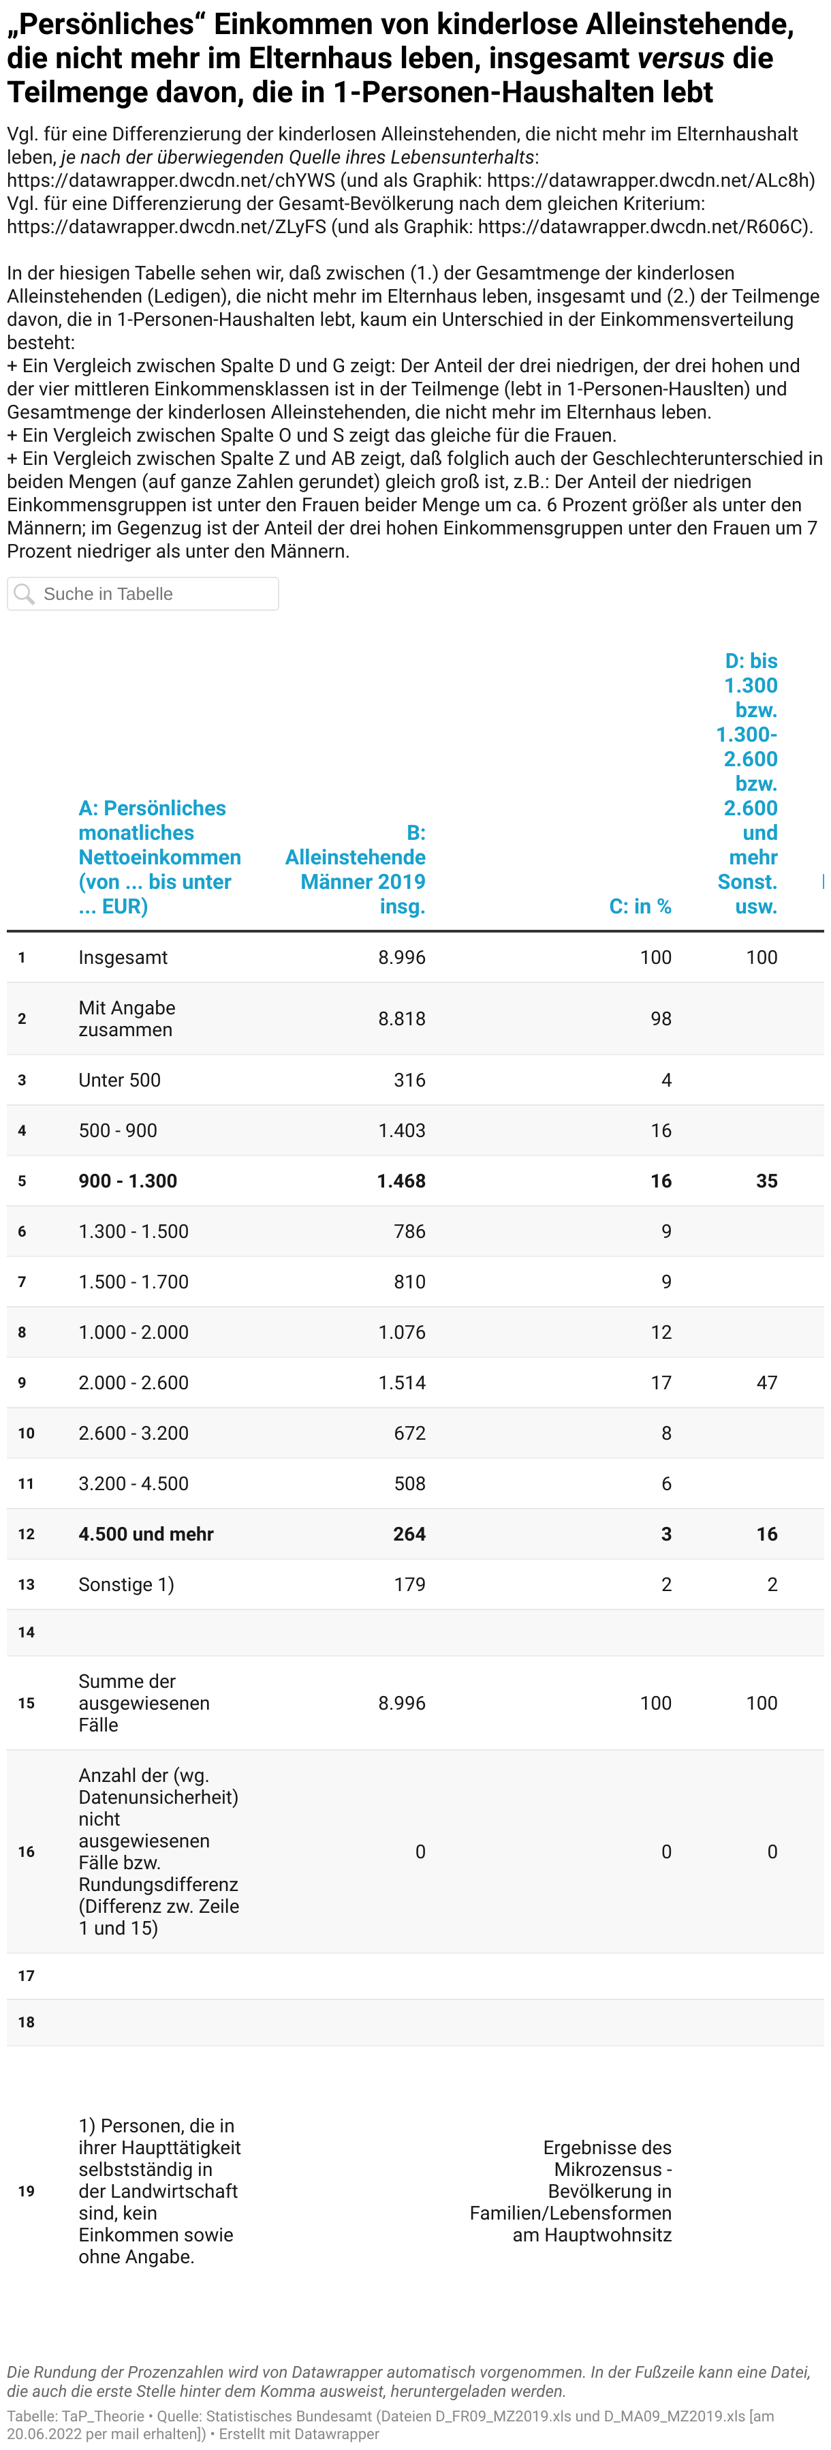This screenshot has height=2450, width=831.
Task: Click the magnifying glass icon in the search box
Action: click(x=25, y=594)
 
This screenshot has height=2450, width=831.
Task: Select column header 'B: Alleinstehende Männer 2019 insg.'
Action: click(x=356, y=869)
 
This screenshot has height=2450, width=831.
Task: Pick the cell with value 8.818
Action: click(x=401, y=1018)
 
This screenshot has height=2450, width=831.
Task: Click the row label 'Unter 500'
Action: click(x=120, y=1080)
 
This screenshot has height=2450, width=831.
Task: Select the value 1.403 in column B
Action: click(x=401, y=1130)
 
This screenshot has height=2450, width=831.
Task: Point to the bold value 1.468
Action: click(x=401, y=1180)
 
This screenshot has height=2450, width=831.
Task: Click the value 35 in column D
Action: click(x=766, y=1180)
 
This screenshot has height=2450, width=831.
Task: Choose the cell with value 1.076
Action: click(x=401, y=1331)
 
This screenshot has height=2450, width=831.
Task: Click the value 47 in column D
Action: click(x=766, y=1382)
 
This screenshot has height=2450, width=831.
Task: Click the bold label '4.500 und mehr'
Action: click(x=146, y=1533)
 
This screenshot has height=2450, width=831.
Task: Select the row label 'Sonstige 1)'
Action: click(x=127, y=1584)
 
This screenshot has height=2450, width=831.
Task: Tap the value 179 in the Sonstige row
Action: click(x=410, y=1584)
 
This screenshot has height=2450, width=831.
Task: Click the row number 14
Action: click(x=26, y=1632)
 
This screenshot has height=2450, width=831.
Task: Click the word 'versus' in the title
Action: click(x=680, y=58)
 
